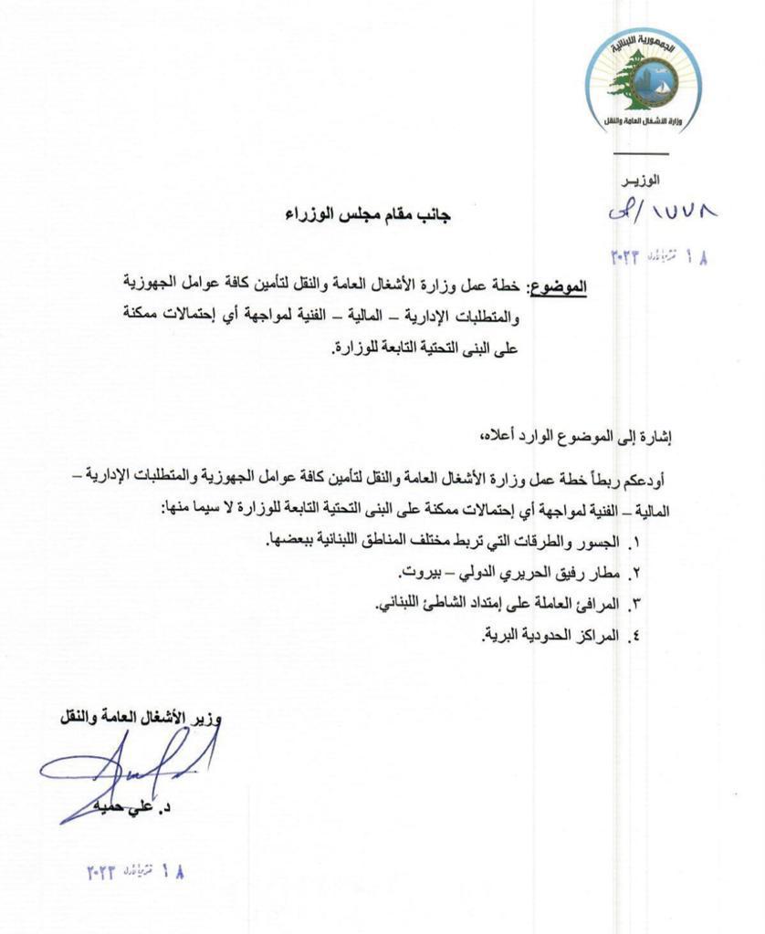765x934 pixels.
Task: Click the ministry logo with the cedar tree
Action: click(x=644, y=81)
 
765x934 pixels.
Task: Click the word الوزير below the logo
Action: click(x=641, y=181)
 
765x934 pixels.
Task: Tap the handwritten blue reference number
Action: click(x=663, y=212)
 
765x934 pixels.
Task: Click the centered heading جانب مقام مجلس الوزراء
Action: click(x=368, y=215)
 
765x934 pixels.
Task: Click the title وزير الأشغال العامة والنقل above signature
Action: click(x=142, y=718)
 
